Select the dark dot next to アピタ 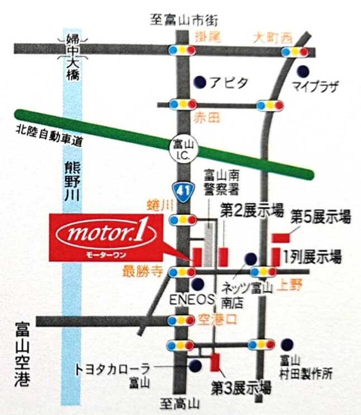tap(199, 82)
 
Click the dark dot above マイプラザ tap(302, 71)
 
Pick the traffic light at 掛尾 tap(182, 50)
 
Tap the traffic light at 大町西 tap(294, 52)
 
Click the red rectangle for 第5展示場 tap(281, 238)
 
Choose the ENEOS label tap(192, 298)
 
